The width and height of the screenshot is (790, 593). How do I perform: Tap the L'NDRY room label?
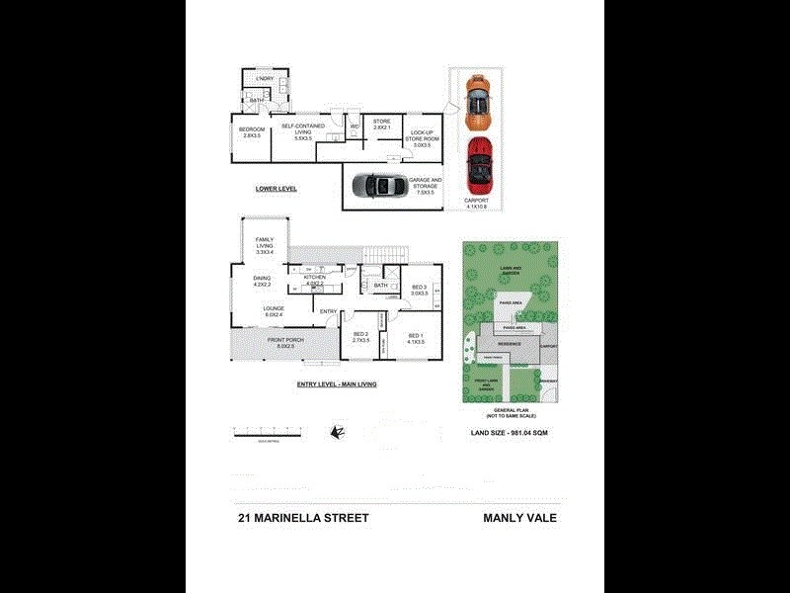[x=265, y=79]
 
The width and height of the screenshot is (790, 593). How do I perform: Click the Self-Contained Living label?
[x=303, y=131]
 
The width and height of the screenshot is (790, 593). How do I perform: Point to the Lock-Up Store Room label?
[x=423, y=138]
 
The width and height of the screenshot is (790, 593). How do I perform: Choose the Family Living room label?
[x=265, y=247]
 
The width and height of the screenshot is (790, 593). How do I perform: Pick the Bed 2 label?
[x=360, y=337]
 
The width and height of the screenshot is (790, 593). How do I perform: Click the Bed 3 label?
[x=420, y=291]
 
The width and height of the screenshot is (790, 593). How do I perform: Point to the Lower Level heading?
[x=276, y=188]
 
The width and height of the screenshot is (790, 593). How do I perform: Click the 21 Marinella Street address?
[x=302, y=517]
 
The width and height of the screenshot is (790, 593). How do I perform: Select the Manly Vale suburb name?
[x=519, y=517]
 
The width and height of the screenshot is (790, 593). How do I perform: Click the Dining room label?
[x=261, y=282]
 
